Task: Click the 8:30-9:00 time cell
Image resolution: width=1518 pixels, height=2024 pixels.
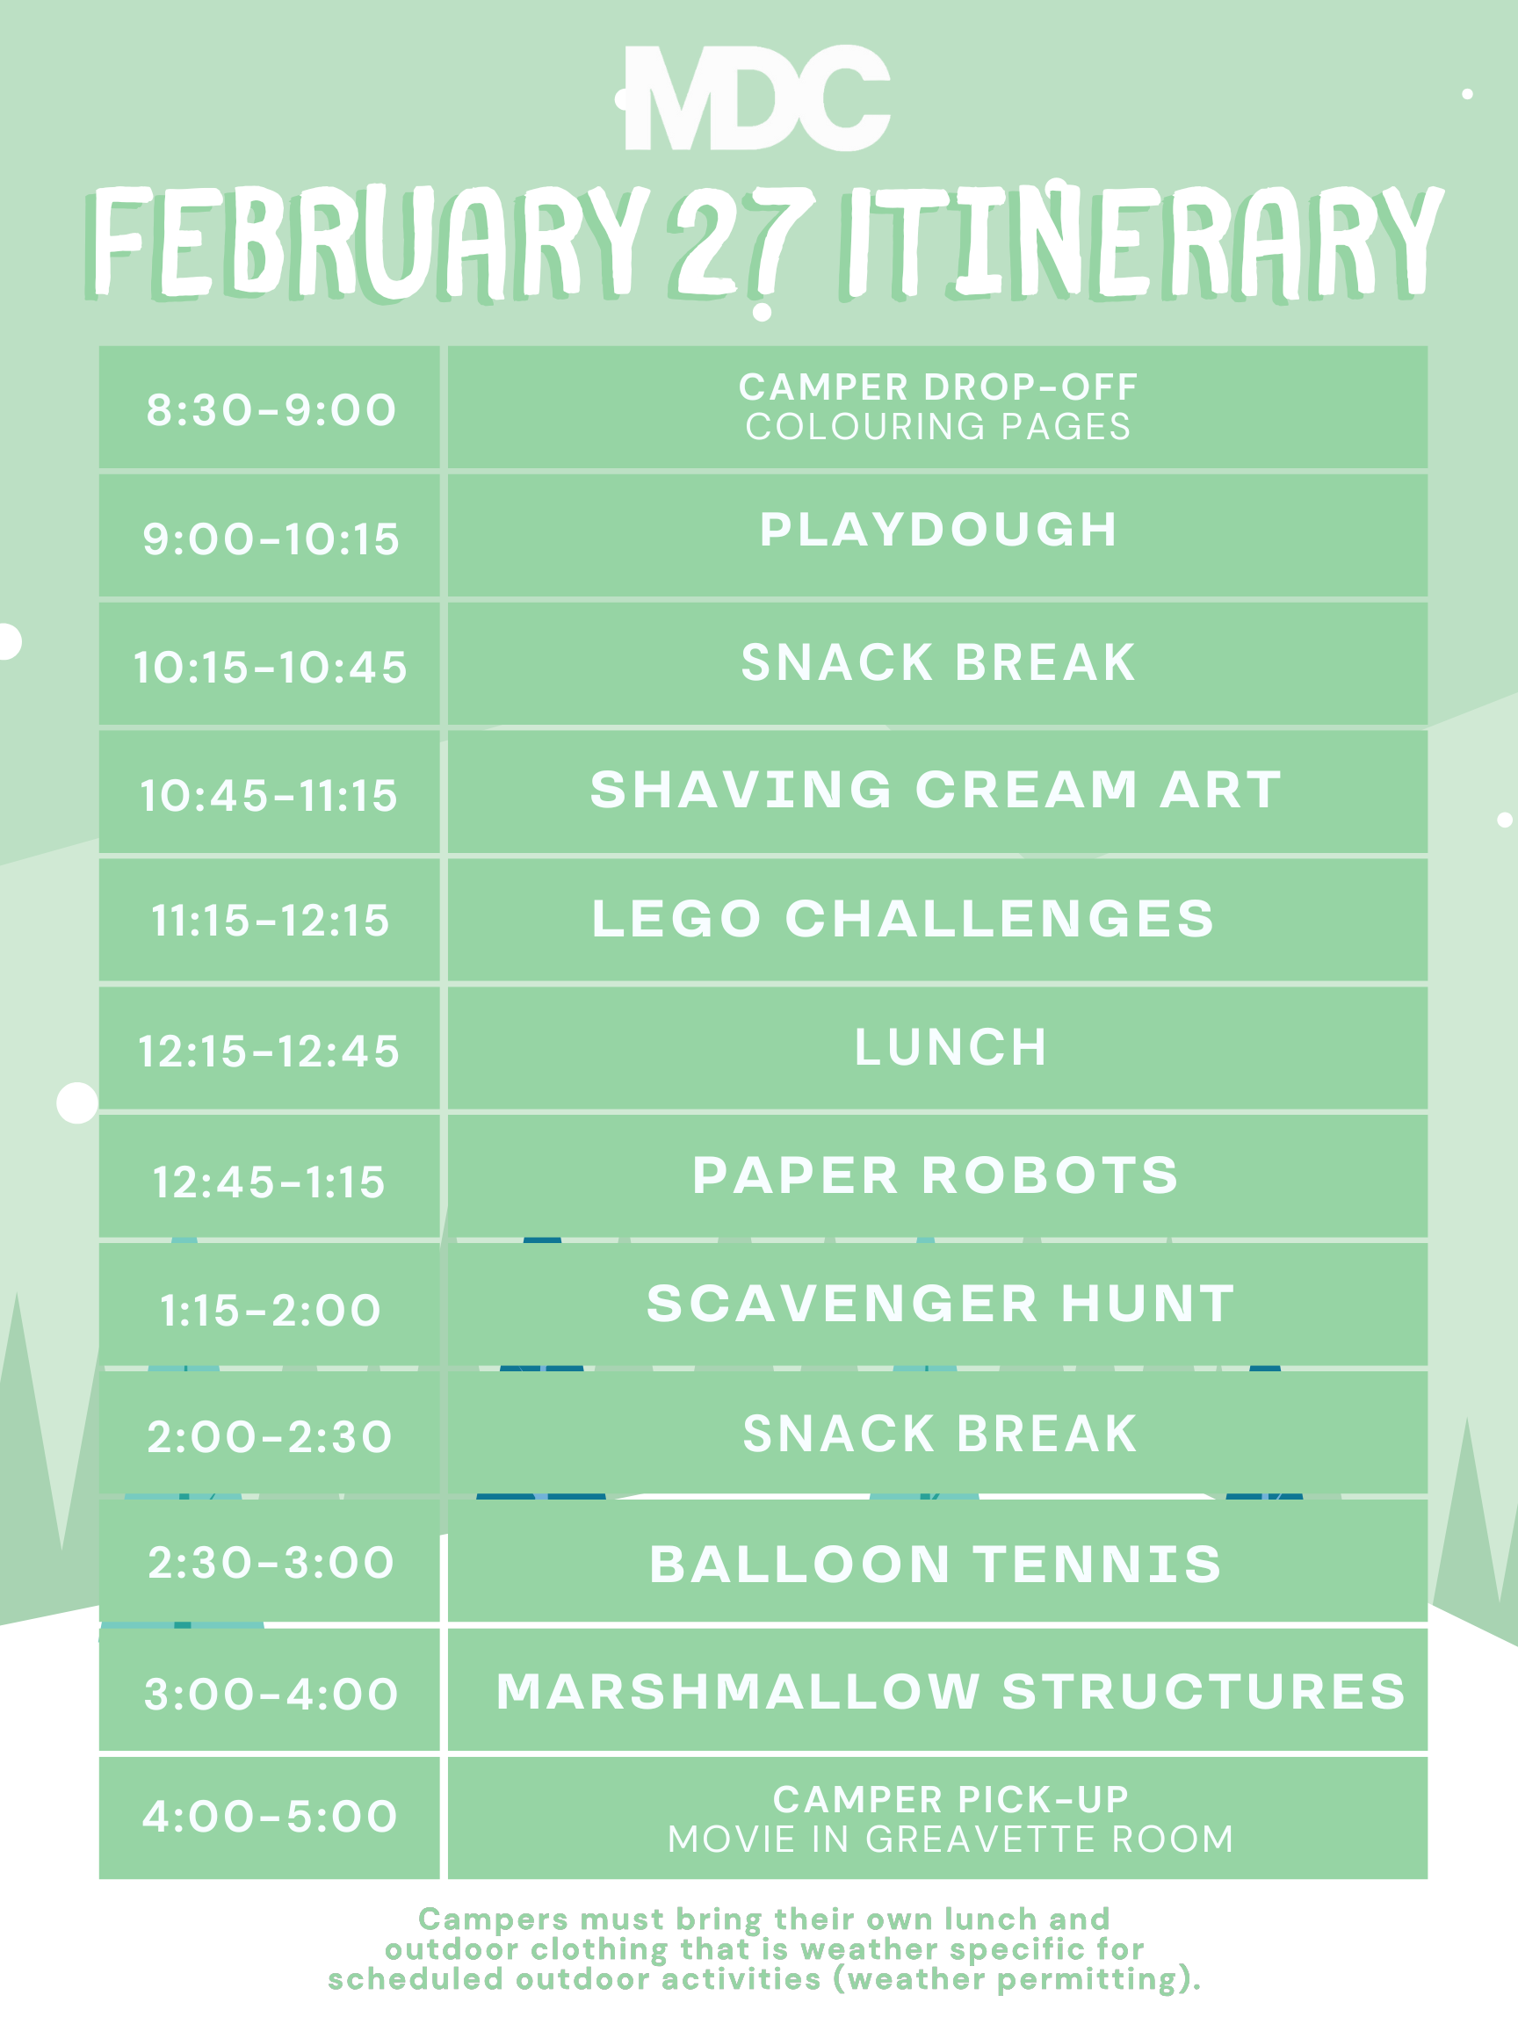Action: click(271, 410)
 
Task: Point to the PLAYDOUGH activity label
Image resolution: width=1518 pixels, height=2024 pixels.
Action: click(938, 530)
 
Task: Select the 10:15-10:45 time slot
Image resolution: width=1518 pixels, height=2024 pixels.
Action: click(271, 667)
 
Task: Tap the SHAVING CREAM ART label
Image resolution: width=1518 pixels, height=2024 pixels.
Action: click(936, 790)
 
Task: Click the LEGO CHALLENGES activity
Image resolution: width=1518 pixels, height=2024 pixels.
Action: click(903, 919)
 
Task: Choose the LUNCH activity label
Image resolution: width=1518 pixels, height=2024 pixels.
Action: click(951, 1048)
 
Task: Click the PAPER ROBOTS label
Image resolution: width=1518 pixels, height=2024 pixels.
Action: click(936, 1175)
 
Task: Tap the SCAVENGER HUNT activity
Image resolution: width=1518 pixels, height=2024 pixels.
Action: click(941, 1304)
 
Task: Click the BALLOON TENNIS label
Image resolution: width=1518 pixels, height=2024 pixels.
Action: click(936, 1565)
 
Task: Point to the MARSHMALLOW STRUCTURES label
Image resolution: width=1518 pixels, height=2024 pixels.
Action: click(951, 1692)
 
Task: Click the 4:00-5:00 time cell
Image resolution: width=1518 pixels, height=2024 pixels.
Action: click(270, 1817)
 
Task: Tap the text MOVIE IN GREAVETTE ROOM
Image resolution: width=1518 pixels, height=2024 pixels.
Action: click(951, 1840)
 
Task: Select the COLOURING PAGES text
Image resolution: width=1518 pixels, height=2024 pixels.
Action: click(938, 426)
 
